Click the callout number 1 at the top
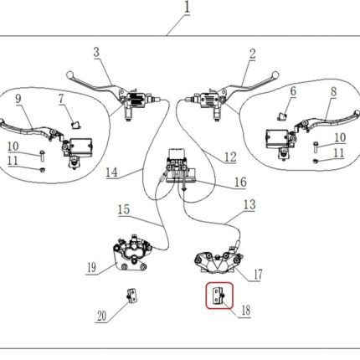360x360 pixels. [x=187, y=8]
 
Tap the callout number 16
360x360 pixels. [x=240, y=182]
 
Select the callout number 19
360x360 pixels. [x=92, y=267]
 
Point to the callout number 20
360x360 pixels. [x=102, y=316]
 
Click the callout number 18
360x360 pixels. [x=246, y=310]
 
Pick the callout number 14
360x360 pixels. [x=111, y=172]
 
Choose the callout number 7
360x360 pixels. [x=61, y=98]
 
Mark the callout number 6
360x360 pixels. [x=293, y=91]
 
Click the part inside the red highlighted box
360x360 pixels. [x=219, y=296]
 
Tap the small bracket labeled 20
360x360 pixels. [x=131, y=295]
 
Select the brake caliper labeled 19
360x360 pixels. [x=132, y=253]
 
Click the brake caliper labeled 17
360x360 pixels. [x=218, y=260]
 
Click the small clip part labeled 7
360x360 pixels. [x=75, y=125]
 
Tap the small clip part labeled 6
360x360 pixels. [x=282, y=116]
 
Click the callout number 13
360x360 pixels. [x=249, y=204]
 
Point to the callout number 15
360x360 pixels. [x=124, y=209]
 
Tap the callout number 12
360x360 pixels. [x=230, y=157]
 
